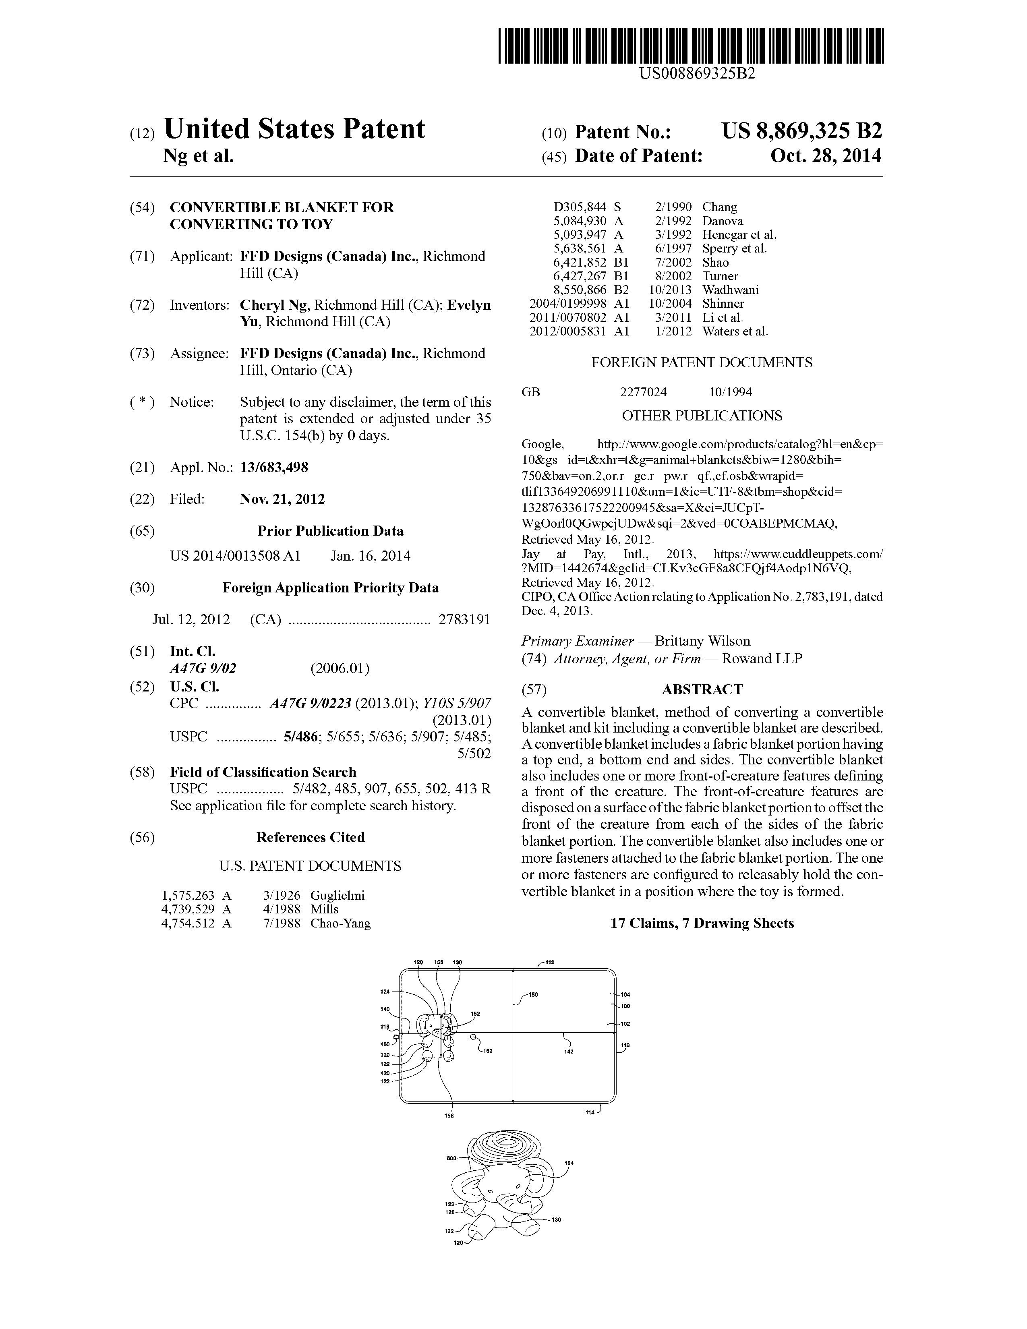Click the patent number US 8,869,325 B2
tap(801, 131)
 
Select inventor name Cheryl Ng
tap(274, 305)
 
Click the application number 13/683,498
tap(274, 467)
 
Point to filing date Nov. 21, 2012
tap(282, 499)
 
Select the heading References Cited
tap(310, 837)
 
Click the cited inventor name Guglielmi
tap(337, 895)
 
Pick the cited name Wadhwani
tap(730, 290)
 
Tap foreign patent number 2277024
tap(643, 392)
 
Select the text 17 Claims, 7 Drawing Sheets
tap(702, 923)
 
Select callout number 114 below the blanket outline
tap(590, 1112)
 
